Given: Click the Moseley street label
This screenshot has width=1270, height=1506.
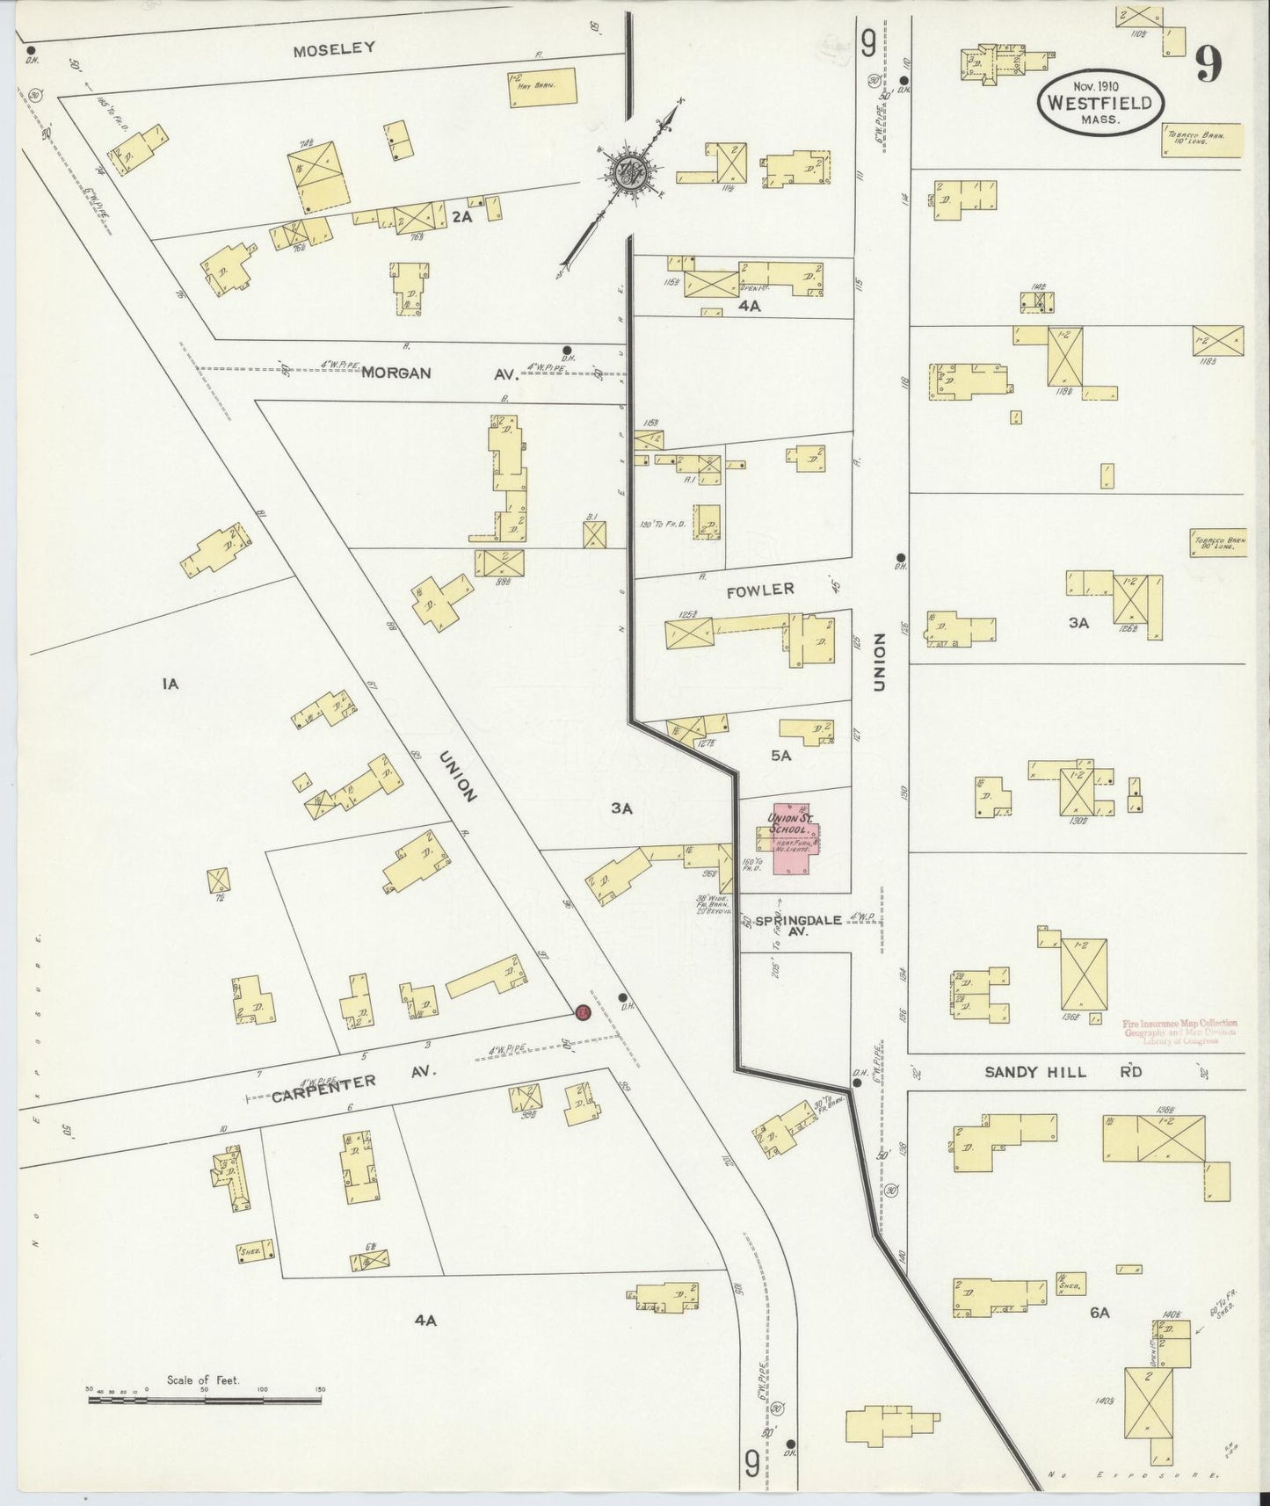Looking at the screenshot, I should (334, 48).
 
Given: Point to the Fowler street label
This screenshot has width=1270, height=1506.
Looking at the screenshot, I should (760, 590).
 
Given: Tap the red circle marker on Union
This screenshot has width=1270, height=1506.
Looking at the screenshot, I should (582, 1012).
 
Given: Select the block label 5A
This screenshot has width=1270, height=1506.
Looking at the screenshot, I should (780, 755).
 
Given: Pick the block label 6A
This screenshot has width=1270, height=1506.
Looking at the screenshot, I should (1099, 1312).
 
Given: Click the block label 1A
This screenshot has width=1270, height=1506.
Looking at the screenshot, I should (171, 683).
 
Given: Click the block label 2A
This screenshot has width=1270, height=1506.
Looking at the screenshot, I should (462, 216).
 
